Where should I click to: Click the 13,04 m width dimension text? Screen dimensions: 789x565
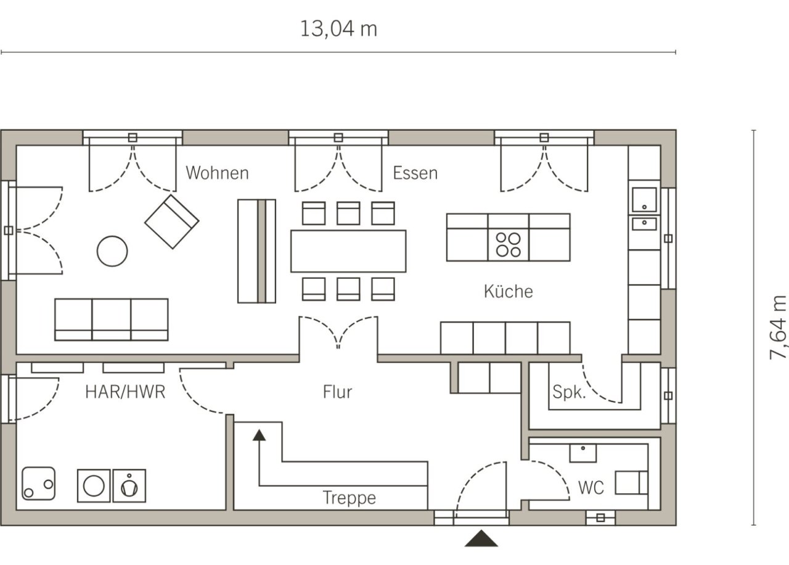coord(338,29)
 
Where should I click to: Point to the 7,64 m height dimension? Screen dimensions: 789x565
coord(777,328)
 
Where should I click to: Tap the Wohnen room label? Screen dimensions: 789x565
coord(218,173)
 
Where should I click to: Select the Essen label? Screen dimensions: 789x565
coord(415,173)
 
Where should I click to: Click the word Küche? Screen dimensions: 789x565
coord(509,292)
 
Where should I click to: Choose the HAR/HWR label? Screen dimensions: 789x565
coord(125,392)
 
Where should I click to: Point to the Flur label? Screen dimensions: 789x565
coord(337,392)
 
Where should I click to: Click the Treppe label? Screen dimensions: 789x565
coord(350,498)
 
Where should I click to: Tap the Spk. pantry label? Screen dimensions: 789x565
coord(569,392)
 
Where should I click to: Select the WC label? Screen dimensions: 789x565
coord(591,488)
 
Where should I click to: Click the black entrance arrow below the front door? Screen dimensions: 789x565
coord(481,538)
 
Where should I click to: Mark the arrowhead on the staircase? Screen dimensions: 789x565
coord(260,435)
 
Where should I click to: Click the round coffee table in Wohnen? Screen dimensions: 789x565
coord(112,251)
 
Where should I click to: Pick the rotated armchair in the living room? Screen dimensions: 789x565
coord(172,221)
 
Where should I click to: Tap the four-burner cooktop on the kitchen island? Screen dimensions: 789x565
coord(509,245)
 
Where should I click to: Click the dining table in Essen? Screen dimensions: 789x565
coord(348,251)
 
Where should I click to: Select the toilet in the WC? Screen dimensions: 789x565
coord(632,482)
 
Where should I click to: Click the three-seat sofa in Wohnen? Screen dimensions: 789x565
coord(112,320)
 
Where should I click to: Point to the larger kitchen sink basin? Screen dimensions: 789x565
coord(644,200)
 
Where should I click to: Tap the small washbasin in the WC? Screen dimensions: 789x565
coord(583,453)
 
